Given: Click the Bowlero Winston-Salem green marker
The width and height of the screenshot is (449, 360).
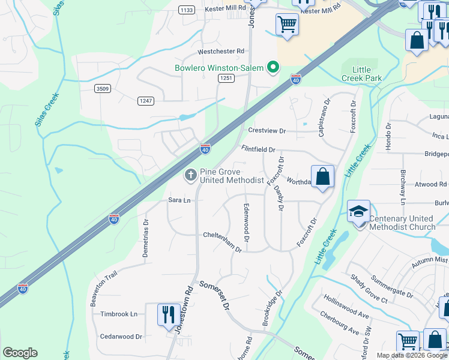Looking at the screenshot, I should coord(274,67).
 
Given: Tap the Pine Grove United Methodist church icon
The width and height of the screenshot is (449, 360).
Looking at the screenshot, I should coord(191,175).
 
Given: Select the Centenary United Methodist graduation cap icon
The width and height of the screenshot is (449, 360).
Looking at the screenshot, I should coord(358,211).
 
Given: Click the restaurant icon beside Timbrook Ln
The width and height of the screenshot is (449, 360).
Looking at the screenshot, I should coord(168,314).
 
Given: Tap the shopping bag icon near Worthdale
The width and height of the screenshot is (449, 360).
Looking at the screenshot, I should coord(322,177).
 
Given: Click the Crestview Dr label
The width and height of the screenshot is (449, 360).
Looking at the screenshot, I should coord(267,131).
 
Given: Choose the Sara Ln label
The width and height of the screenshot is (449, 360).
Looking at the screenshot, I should coord(179,200).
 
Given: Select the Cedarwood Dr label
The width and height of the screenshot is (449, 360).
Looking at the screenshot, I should coord(121,337).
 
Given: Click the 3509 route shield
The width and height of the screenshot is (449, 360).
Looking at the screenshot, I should coord(103,89).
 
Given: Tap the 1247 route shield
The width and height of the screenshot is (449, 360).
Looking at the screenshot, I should coord(145,100).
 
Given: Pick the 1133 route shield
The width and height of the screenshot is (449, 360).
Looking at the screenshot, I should coord(186,10).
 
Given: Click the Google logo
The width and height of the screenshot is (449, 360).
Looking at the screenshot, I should coord(20,353).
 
